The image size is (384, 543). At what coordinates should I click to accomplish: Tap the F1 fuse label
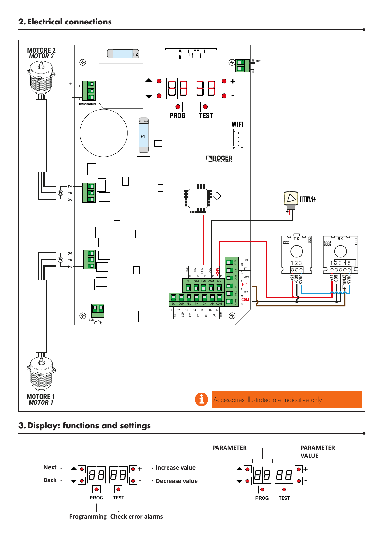pos(143,136)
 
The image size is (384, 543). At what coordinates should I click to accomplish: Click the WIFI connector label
pos(237,124)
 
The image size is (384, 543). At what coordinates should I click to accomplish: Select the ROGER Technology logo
pos(219,159)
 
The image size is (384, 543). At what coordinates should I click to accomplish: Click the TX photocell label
pos(296,239)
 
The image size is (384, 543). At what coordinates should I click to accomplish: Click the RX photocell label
pos(340,239)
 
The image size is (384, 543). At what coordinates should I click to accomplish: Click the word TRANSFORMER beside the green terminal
pos(87,104)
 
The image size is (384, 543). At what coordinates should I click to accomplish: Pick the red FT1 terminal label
pos(245,284)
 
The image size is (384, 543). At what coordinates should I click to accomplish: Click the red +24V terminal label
pos(218,272)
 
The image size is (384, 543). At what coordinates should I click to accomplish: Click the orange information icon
pos(201,400)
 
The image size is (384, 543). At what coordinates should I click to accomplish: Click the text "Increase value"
pos(176,468)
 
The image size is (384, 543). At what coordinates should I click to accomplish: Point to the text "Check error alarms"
pos(137,517)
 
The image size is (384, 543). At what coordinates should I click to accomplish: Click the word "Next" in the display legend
pos(50,467)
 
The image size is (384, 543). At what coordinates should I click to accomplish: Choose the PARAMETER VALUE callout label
pos(318,452)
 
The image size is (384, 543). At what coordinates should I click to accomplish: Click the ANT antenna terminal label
pos(258,61)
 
